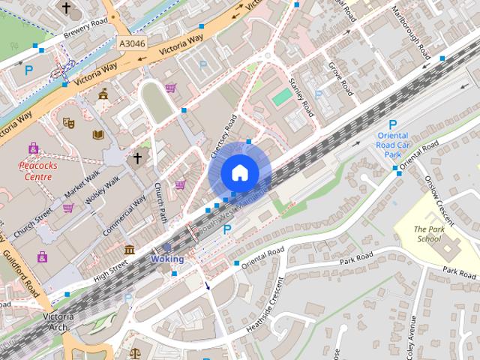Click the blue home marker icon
(x=239, y=172)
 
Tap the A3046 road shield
(x=133, y=44)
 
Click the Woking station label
(x=166, y=259)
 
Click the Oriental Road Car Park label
(x=393, y=146)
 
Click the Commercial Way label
(x=124, y=217)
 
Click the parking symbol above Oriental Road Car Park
(x=392, y=125)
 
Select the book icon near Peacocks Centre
(x=97, y=134)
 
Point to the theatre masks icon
(x=69, y=121)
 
